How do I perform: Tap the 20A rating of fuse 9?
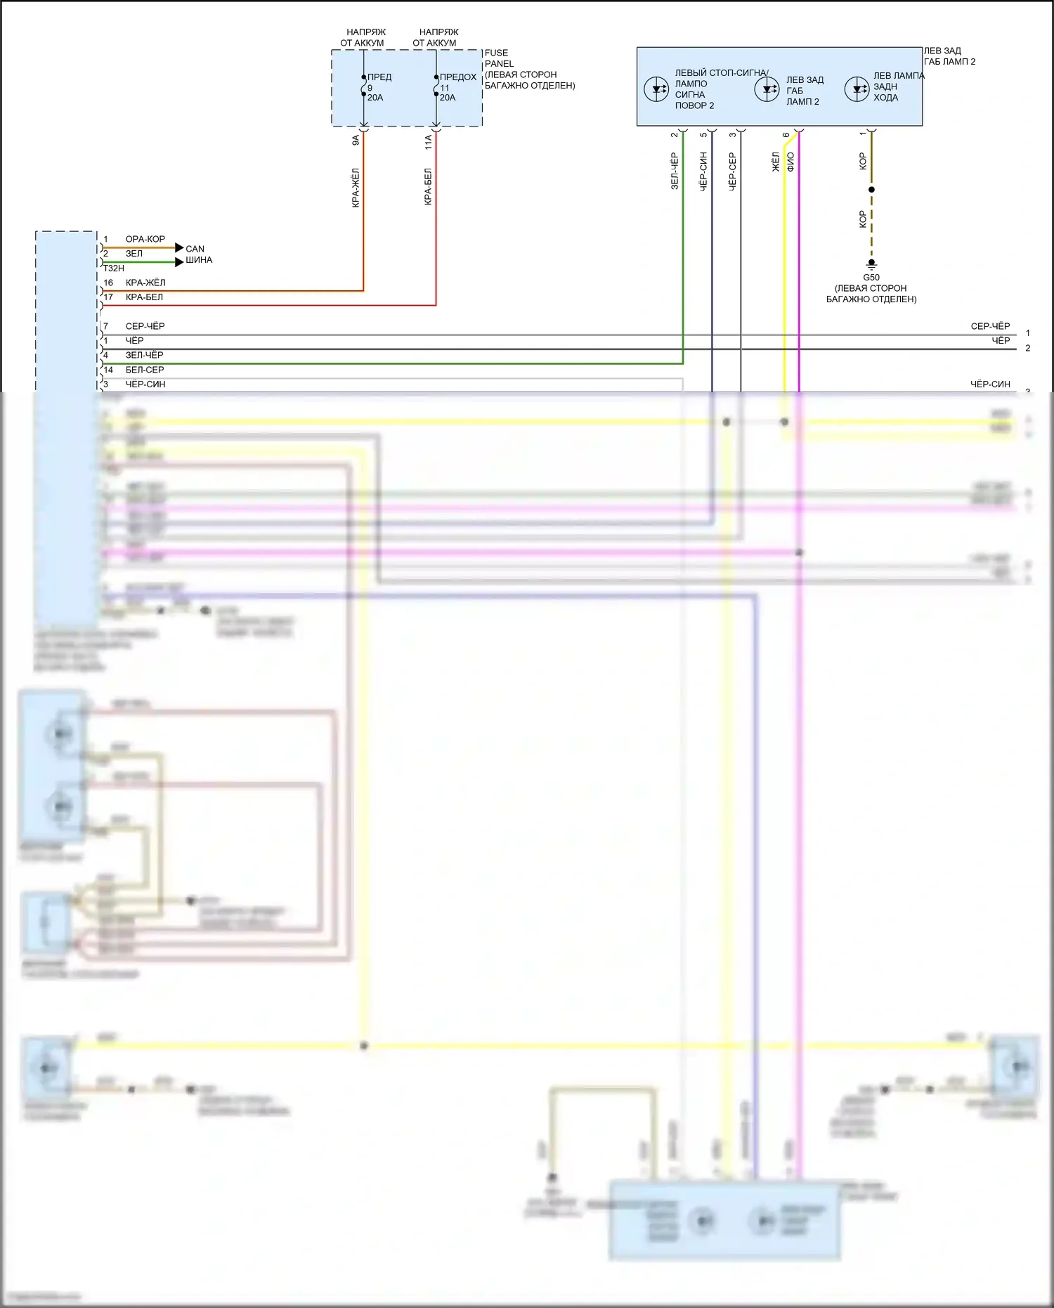375,98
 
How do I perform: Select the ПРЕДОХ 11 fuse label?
457,77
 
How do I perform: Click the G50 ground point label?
871,277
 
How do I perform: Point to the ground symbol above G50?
871,264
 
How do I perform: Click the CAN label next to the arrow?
195,249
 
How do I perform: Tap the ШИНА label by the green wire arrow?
199,260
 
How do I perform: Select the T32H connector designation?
113,268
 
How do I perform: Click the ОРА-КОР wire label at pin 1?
145,239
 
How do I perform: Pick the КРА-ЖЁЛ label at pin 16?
145,283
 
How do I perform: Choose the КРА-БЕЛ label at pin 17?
144,297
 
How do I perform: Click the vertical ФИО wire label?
790,162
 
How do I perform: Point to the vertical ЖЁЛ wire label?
776,162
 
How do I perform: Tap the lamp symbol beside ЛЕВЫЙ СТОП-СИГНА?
656,89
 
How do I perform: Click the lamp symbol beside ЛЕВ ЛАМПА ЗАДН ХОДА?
857,89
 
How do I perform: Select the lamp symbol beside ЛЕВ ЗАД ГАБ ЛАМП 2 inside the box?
767,89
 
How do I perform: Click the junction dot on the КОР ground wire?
871,190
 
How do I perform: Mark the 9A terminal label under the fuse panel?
356,141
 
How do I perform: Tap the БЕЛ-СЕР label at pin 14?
144,370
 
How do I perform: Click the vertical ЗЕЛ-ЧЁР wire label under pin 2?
674,171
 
